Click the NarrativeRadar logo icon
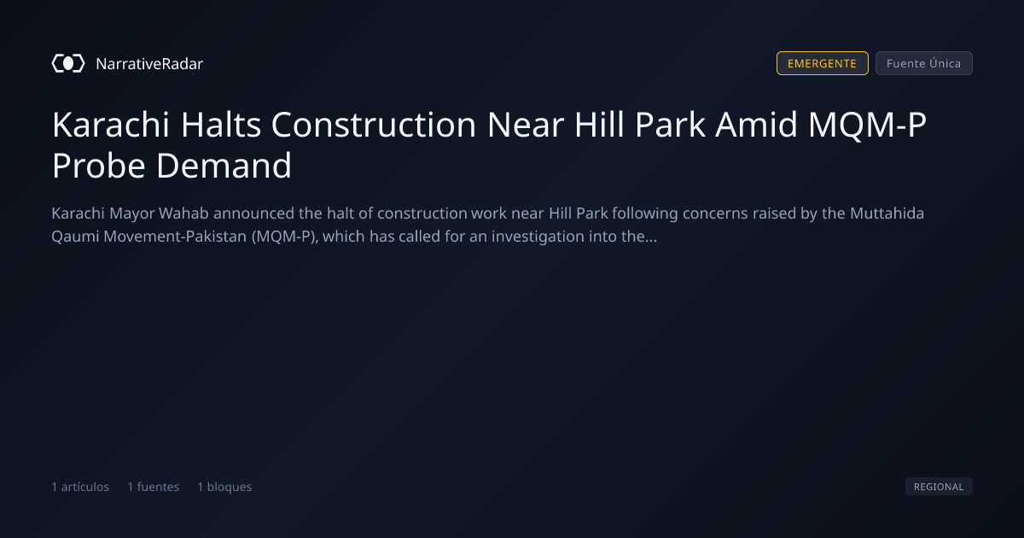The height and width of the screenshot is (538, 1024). [68, 63]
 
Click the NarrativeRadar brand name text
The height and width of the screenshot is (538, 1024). [149, 63]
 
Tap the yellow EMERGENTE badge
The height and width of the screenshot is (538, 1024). [822, 63]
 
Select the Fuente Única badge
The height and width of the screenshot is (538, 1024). [924, 63]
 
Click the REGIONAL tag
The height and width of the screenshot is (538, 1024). [939, 486]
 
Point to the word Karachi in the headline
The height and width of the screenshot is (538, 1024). [111, 125]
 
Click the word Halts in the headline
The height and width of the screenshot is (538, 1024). [221, 125]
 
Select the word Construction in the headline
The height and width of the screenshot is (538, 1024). [374, 125]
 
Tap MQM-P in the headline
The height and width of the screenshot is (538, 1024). [867, 125]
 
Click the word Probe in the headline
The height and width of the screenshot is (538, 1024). [99, 166]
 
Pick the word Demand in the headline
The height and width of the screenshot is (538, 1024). [224, 166]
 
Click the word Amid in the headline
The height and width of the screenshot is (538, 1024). [757, 125]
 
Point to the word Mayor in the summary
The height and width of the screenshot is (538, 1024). [131, 213]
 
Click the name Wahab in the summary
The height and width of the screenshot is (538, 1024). [183, 213]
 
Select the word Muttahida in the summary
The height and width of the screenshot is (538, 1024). [887, 213]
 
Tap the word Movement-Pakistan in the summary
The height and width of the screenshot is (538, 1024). [175, 237]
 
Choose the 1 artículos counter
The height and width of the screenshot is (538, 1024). [80, 487]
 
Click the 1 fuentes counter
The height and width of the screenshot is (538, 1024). [153, 487]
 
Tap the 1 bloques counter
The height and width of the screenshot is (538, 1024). [224, 487]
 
